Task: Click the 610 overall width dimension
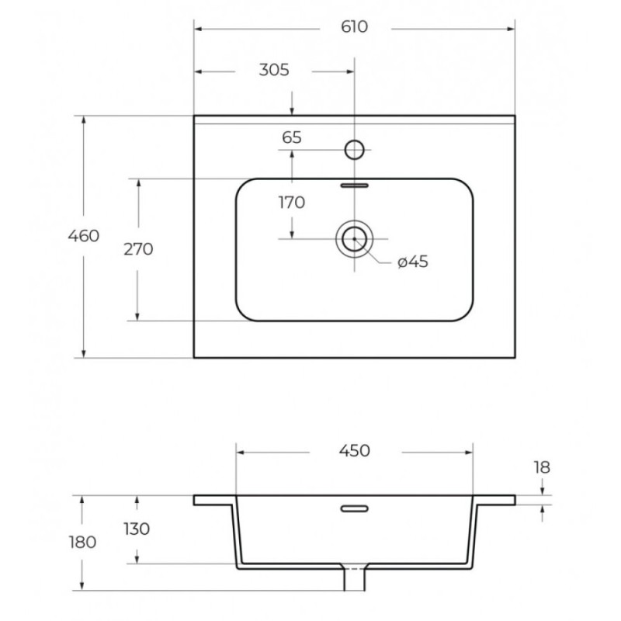pos(354,27)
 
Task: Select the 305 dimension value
pos(274,70)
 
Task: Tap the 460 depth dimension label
pos(84,236)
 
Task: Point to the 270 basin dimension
pos(138,249)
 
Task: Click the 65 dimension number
pos(292,137)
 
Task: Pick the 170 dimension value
pos(292,203)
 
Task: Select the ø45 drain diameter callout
pos(413,262)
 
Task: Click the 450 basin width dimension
pos(355,451)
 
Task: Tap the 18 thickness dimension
pos(542,468)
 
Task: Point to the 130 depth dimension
pos(137,529)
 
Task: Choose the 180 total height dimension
pos(83,542)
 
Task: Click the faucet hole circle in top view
pos(355,150)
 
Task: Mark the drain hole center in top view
pos(355,239)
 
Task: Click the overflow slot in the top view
pos(355,186)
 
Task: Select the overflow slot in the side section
pos(355,508)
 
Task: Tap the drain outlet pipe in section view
pos(355,579)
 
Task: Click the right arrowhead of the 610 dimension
pos(511,29)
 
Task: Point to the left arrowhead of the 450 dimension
pos(241,453)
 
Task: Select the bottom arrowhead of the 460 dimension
pos(84,353)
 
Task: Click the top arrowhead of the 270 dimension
pos(138,183)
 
